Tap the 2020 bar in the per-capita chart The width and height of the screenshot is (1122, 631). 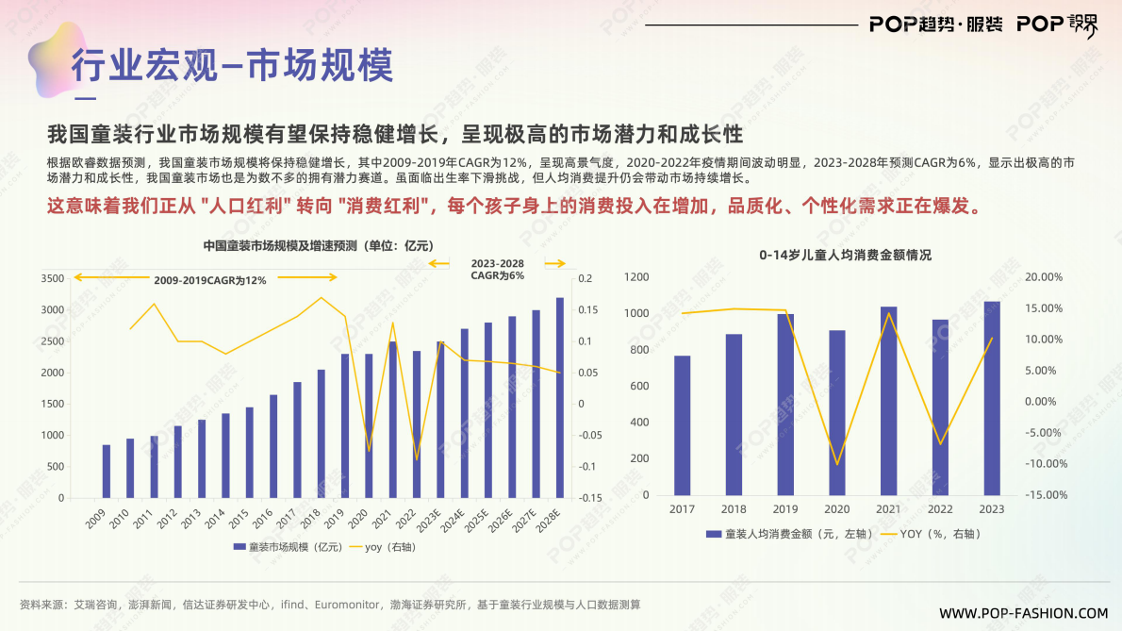[x=836, y=412]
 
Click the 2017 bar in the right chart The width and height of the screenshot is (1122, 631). [x=682, y=425]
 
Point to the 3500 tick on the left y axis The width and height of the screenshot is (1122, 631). [x=53, y=278]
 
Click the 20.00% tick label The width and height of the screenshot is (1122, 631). [x=1044, y=277]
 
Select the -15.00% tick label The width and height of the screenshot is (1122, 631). [x=1044, y=495]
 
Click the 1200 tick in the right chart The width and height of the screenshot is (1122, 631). [x=636, y=277]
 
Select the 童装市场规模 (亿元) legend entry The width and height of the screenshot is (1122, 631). [x=287, y=547]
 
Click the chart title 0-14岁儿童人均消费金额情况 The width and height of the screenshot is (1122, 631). [x=846, y=255]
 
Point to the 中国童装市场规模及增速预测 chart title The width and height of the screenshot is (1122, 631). [x=318, y=246]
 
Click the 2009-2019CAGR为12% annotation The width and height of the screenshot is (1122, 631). [x=210, y=280]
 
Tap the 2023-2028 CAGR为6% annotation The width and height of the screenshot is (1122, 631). [x=498, y=269]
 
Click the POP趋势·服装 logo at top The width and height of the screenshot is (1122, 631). [x=935, y=25]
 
